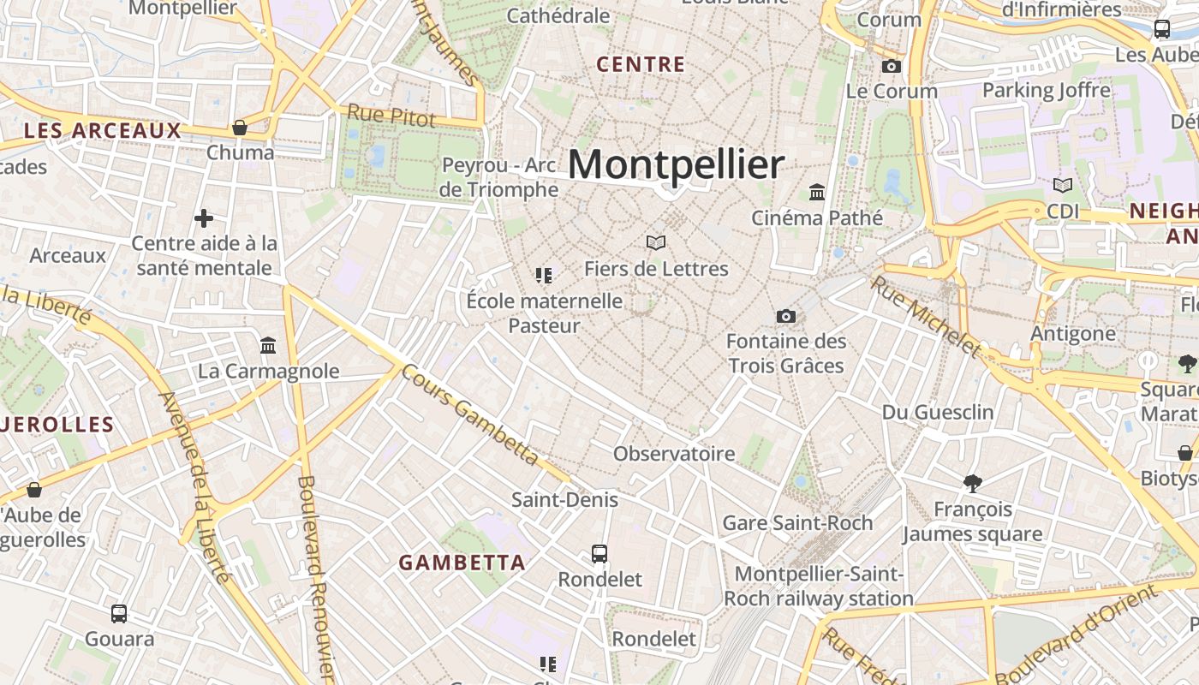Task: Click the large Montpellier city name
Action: (676, 164)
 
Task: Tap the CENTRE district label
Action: (641, 64)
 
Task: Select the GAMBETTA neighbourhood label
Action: (462, 563)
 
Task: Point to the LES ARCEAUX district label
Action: (103, 131)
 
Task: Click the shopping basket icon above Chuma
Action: (240, 128)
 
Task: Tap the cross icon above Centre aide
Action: (204, 218)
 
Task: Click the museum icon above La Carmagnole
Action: (268, 346)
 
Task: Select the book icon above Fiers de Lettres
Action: (656, 243)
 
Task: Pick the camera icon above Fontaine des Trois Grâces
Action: (786, 316)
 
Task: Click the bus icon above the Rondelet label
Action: (599, 554)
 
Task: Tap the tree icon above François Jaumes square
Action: (972, 484)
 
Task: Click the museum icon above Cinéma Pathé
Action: (817, 192)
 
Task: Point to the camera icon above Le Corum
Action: (892, 66)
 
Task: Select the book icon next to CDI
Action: (1063, 185)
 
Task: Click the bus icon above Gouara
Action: (119, 613)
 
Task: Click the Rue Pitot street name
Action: (391, 116)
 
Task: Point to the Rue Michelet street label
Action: (926, 316)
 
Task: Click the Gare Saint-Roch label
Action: (797, 522)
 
